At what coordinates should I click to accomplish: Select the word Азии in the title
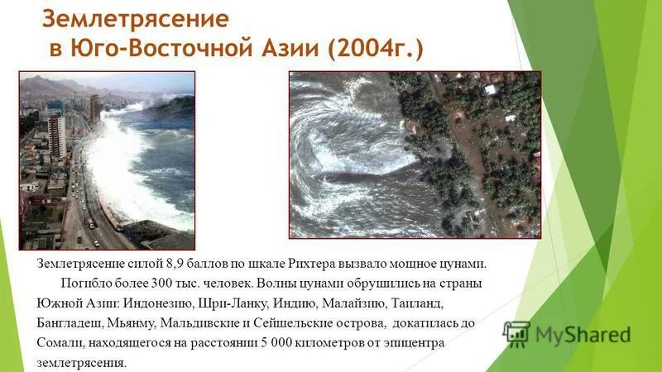(x=284, y=48)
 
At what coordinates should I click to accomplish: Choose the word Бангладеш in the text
(x=69, y=322)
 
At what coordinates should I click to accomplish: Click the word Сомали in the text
(x=58, y=341)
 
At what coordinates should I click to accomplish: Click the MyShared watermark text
(x=583, y=335)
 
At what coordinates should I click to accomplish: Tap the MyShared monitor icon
(x=516, y=332)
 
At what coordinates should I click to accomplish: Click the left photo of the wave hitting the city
(x=107, y=160)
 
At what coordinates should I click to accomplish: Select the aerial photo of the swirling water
(x=415, y=155)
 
